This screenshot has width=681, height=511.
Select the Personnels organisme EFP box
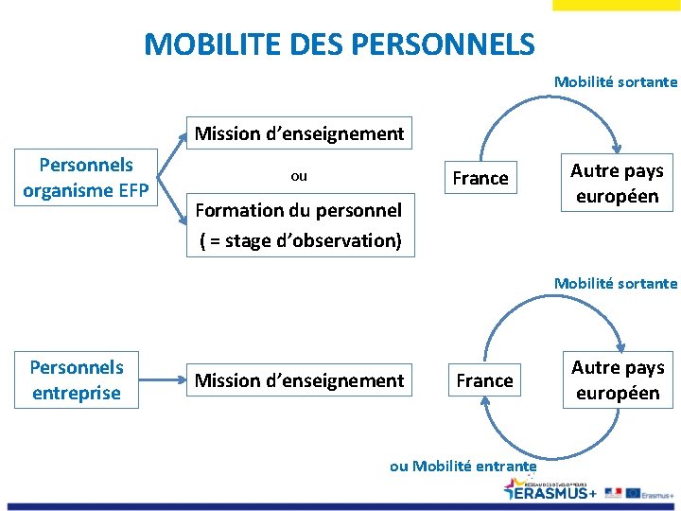point(86,178)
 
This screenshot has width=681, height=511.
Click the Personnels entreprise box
point(77,379)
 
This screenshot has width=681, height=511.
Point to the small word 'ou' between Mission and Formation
point(299,176)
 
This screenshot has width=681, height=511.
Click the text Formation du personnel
point(299,210)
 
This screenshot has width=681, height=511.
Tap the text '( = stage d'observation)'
point(301,240)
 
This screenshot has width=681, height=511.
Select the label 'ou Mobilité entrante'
point(463,466)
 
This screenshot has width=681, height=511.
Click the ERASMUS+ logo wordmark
point(552,491)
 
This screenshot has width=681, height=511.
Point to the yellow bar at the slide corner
point(616,5)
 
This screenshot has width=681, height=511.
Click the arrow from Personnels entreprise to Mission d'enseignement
point(162,380)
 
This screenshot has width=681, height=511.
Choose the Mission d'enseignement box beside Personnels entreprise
point(299,380)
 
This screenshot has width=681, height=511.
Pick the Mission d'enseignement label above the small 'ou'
point(299,133)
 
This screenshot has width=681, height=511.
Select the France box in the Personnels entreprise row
point(484,380)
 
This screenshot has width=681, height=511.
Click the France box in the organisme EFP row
point(480,178)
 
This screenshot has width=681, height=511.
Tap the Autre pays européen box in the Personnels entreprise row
point(618,380)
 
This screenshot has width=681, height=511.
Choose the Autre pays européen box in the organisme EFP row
point(617,184)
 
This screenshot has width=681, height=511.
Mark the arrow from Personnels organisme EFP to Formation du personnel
point(173,197)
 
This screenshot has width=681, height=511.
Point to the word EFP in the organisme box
point(133,191)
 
